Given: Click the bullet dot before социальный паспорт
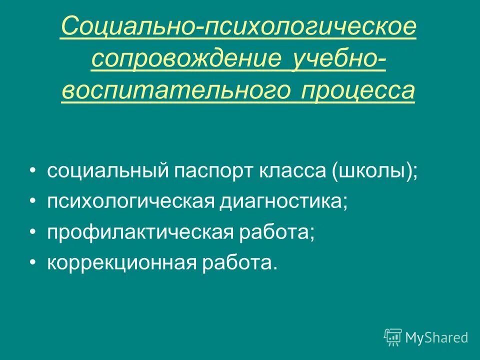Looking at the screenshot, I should pos(33,171).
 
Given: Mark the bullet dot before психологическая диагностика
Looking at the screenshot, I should pos(33,202).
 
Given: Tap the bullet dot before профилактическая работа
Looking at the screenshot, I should pos(33,232).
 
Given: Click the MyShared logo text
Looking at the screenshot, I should pos(436,337).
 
